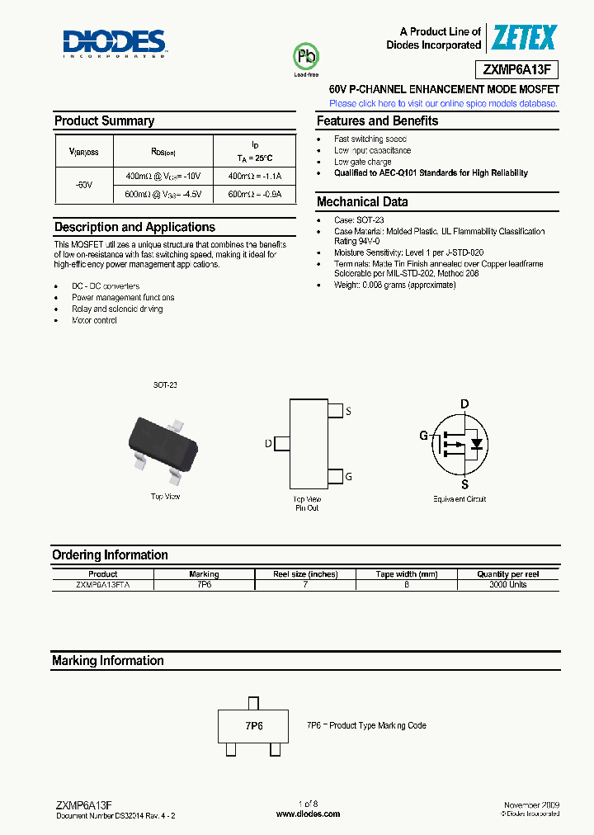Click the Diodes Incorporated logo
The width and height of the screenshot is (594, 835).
point(115,43)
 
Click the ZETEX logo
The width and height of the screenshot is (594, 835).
point(524,38)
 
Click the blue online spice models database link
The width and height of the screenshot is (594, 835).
point(443,104)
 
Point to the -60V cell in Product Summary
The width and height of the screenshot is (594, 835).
point(83,186)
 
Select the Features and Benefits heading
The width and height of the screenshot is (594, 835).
point(377,121)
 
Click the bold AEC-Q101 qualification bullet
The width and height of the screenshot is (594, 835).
point(431,173)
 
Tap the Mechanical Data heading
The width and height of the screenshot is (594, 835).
point(362,202)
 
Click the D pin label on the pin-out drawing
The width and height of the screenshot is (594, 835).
point(268,444)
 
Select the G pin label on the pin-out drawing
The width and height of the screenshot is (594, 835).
point(348,476)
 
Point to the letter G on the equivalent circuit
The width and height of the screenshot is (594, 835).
point(424,436)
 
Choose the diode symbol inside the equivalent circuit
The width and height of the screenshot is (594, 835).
point(475,444)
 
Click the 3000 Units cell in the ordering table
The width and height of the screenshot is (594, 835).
point(507,584)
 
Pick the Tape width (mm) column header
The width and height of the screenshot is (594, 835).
point(406,574)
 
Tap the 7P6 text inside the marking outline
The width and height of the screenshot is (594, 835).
point(253,726)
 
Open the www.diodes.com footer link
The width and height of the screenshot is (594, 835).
point(307,814)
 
